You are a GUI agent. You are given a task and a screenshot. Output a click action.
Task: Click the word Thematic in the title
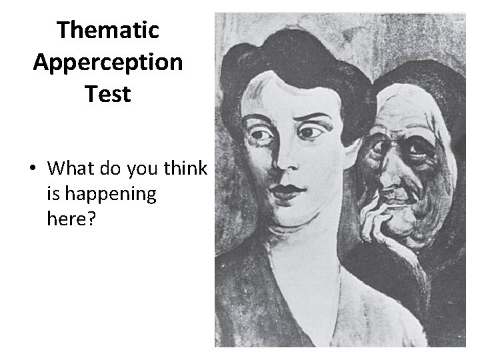108,30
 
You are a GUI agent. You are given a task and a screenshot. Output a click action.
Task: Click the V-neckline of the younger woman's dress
293,313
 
